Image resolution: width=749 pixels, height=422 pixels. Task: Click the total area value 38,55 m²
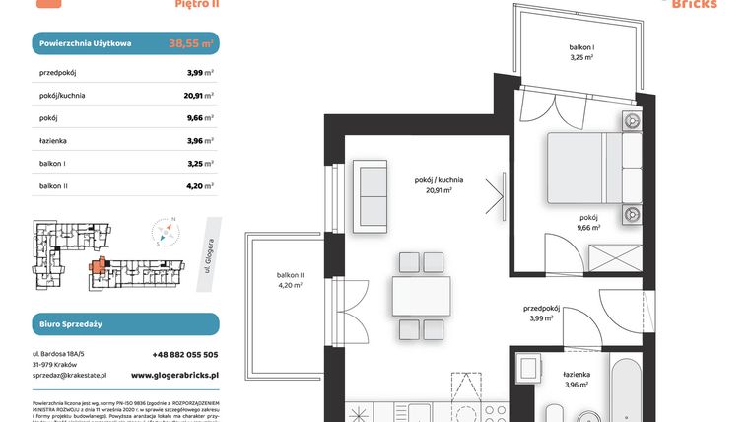(x=191, y=43)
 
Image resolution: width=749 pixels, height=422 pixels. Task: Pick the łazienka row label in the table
(x=53, y=141)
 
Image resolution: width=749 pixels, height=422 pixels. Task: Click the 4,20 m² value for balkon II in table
(x=200, y=186)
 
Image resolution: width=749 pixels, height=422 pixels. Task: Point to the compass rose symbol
(x=165, y=233)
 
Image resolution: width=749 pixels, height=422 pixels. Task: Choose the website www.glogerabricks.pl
(x=174, y=376)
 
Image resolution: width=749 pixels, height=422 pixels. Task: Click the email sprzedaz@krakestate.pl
(x=69, y=376)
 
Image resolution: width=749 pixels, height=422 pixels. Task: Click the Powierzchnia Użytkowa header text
(x=86, y=43)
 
